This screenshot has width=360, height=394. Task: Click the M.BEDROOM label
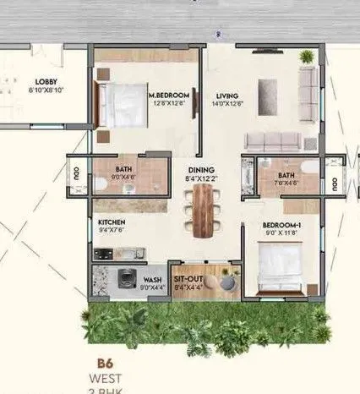[166, 96]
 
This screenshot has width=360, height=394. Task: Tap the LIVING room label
[226, 96]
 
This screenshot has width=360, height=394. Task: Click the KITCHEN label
[112, 222]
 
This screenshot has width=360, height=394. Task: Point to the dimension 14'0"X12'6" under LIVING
[228, 104]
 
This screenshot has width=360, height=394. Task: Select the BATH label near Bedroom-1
[286, 176]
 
